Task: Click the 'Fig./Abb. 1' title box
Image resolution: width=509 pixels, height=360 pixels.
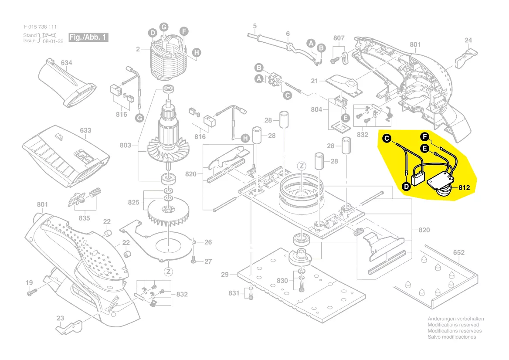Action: (88, 37)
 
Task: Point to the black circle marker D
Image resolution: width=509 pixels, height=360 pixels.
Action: (405, 186)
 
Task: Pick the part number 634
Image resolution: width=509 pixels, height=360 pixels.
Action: (66, 63)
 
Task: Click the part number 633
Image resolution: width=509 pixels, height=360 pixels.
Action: (85, 130)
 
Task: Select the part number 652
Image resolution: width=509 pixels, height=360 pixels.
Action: (459, 252)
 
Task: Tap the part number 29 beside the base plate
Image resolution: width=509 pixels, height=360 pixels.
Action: (225, 275)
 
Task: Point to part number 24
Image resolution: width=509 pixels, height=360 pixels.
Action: (468, 41)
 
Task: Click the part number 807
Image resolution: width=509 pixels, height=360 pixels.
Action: (339, 38)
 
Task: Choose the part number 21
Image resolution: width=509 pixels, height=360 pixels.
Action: (315, 81)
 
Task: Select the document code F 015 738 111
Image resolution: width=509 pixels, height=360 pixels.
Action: (40, 27)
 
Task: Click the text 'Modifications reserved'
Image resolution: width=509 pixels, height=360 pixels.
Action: (453, 325)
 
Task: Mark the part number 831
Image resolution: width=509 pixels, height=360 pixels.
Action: (234, 293)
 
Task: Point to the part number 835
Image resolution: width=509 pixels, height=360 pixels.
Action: (84, 218)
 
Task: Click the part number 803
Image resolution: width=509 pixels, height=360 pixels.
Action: (126, 145)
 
